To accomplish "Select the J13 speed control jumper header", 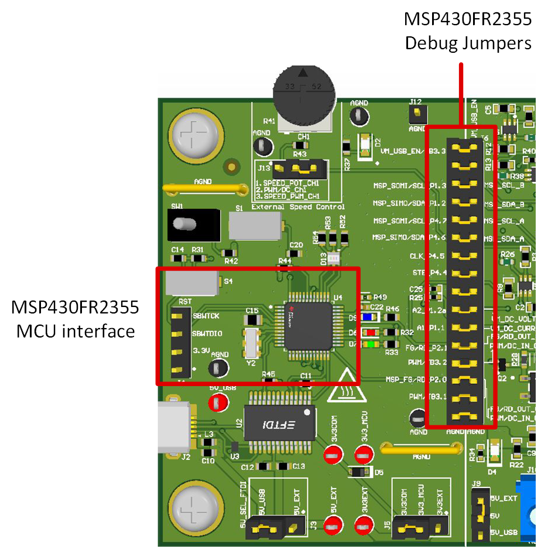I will click(301, 170).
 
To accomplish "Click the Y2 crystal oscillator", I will click(252, 343).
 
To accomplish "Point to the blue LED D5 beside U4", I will click(368, 317).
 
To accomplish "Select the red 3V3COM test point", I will click(333, 453).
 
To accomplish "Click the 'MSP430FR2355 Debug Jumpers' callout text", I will click(468, 31).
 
